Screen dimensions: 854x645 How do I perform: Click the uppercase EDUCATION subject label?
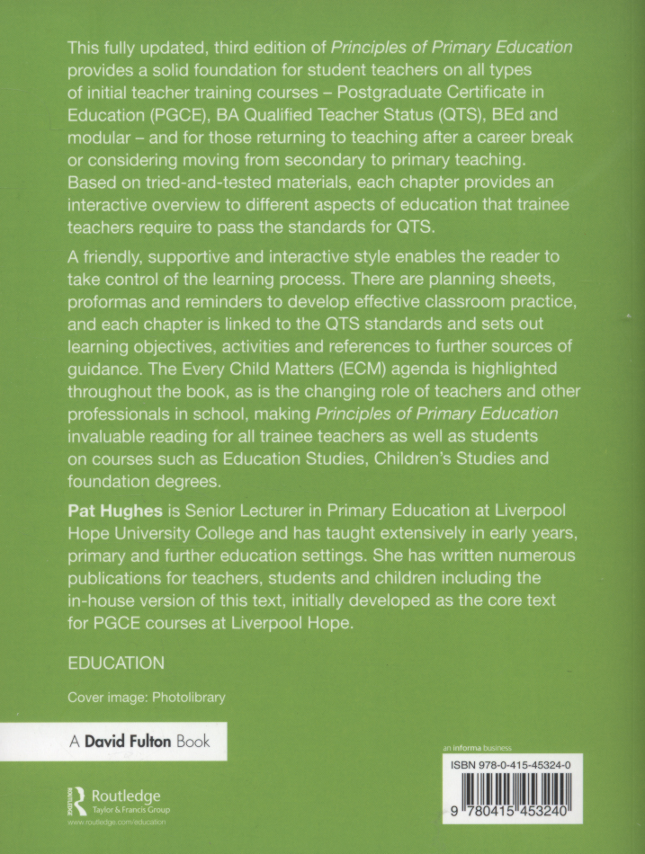pos(116,663)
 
